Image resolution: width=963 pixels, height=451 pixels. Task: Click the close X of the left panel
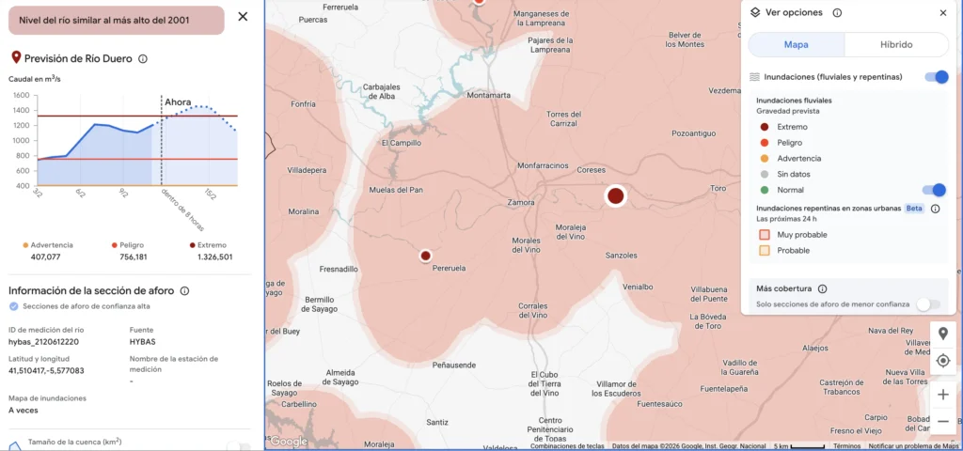[243, 16]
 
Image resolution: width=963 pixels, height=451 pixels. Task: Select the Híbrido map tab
[895, 45]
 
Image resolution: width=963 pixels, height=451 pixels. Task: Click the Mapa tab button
[796, 45]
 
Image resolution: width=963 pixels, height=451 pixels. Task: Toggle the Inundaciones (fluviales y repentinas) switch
[936, 77]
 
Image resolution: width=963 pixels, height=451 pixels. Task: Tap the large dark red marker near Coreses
[615, 195]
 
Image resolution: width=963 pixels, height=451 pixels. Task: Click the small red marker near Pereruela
[425, 255]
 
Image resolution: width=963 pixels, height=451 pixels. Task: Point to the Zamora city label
[520, 202]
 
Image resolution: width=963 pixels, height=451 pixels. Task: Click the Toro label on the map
[718, 188]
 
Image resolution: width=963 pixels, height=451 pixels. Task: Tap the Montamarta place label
[488, 95]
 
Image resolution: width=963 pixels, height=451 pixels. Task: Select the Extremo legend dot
[764, 127]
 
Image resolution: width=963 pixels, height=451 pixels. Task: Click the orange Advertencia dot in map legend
[764, 158]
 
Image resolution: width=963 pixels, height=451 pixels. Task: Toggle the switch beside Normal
[933, 190]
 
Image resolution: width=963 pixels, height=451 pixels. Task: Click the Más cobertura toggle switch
[927, 303]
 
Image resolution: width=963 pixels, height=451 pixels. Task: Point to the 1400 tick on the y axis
[21, 110]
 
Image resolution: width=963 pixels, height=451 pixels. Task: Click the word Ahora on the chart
[178, 101]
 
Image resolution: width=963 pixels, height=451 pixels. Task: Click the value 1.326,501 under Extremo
[214, 257]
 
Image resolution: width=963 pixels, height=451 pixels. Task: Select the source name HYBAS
[142, 342]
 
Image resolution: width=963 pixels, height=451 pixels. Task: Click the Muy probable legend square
[765, 234]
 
